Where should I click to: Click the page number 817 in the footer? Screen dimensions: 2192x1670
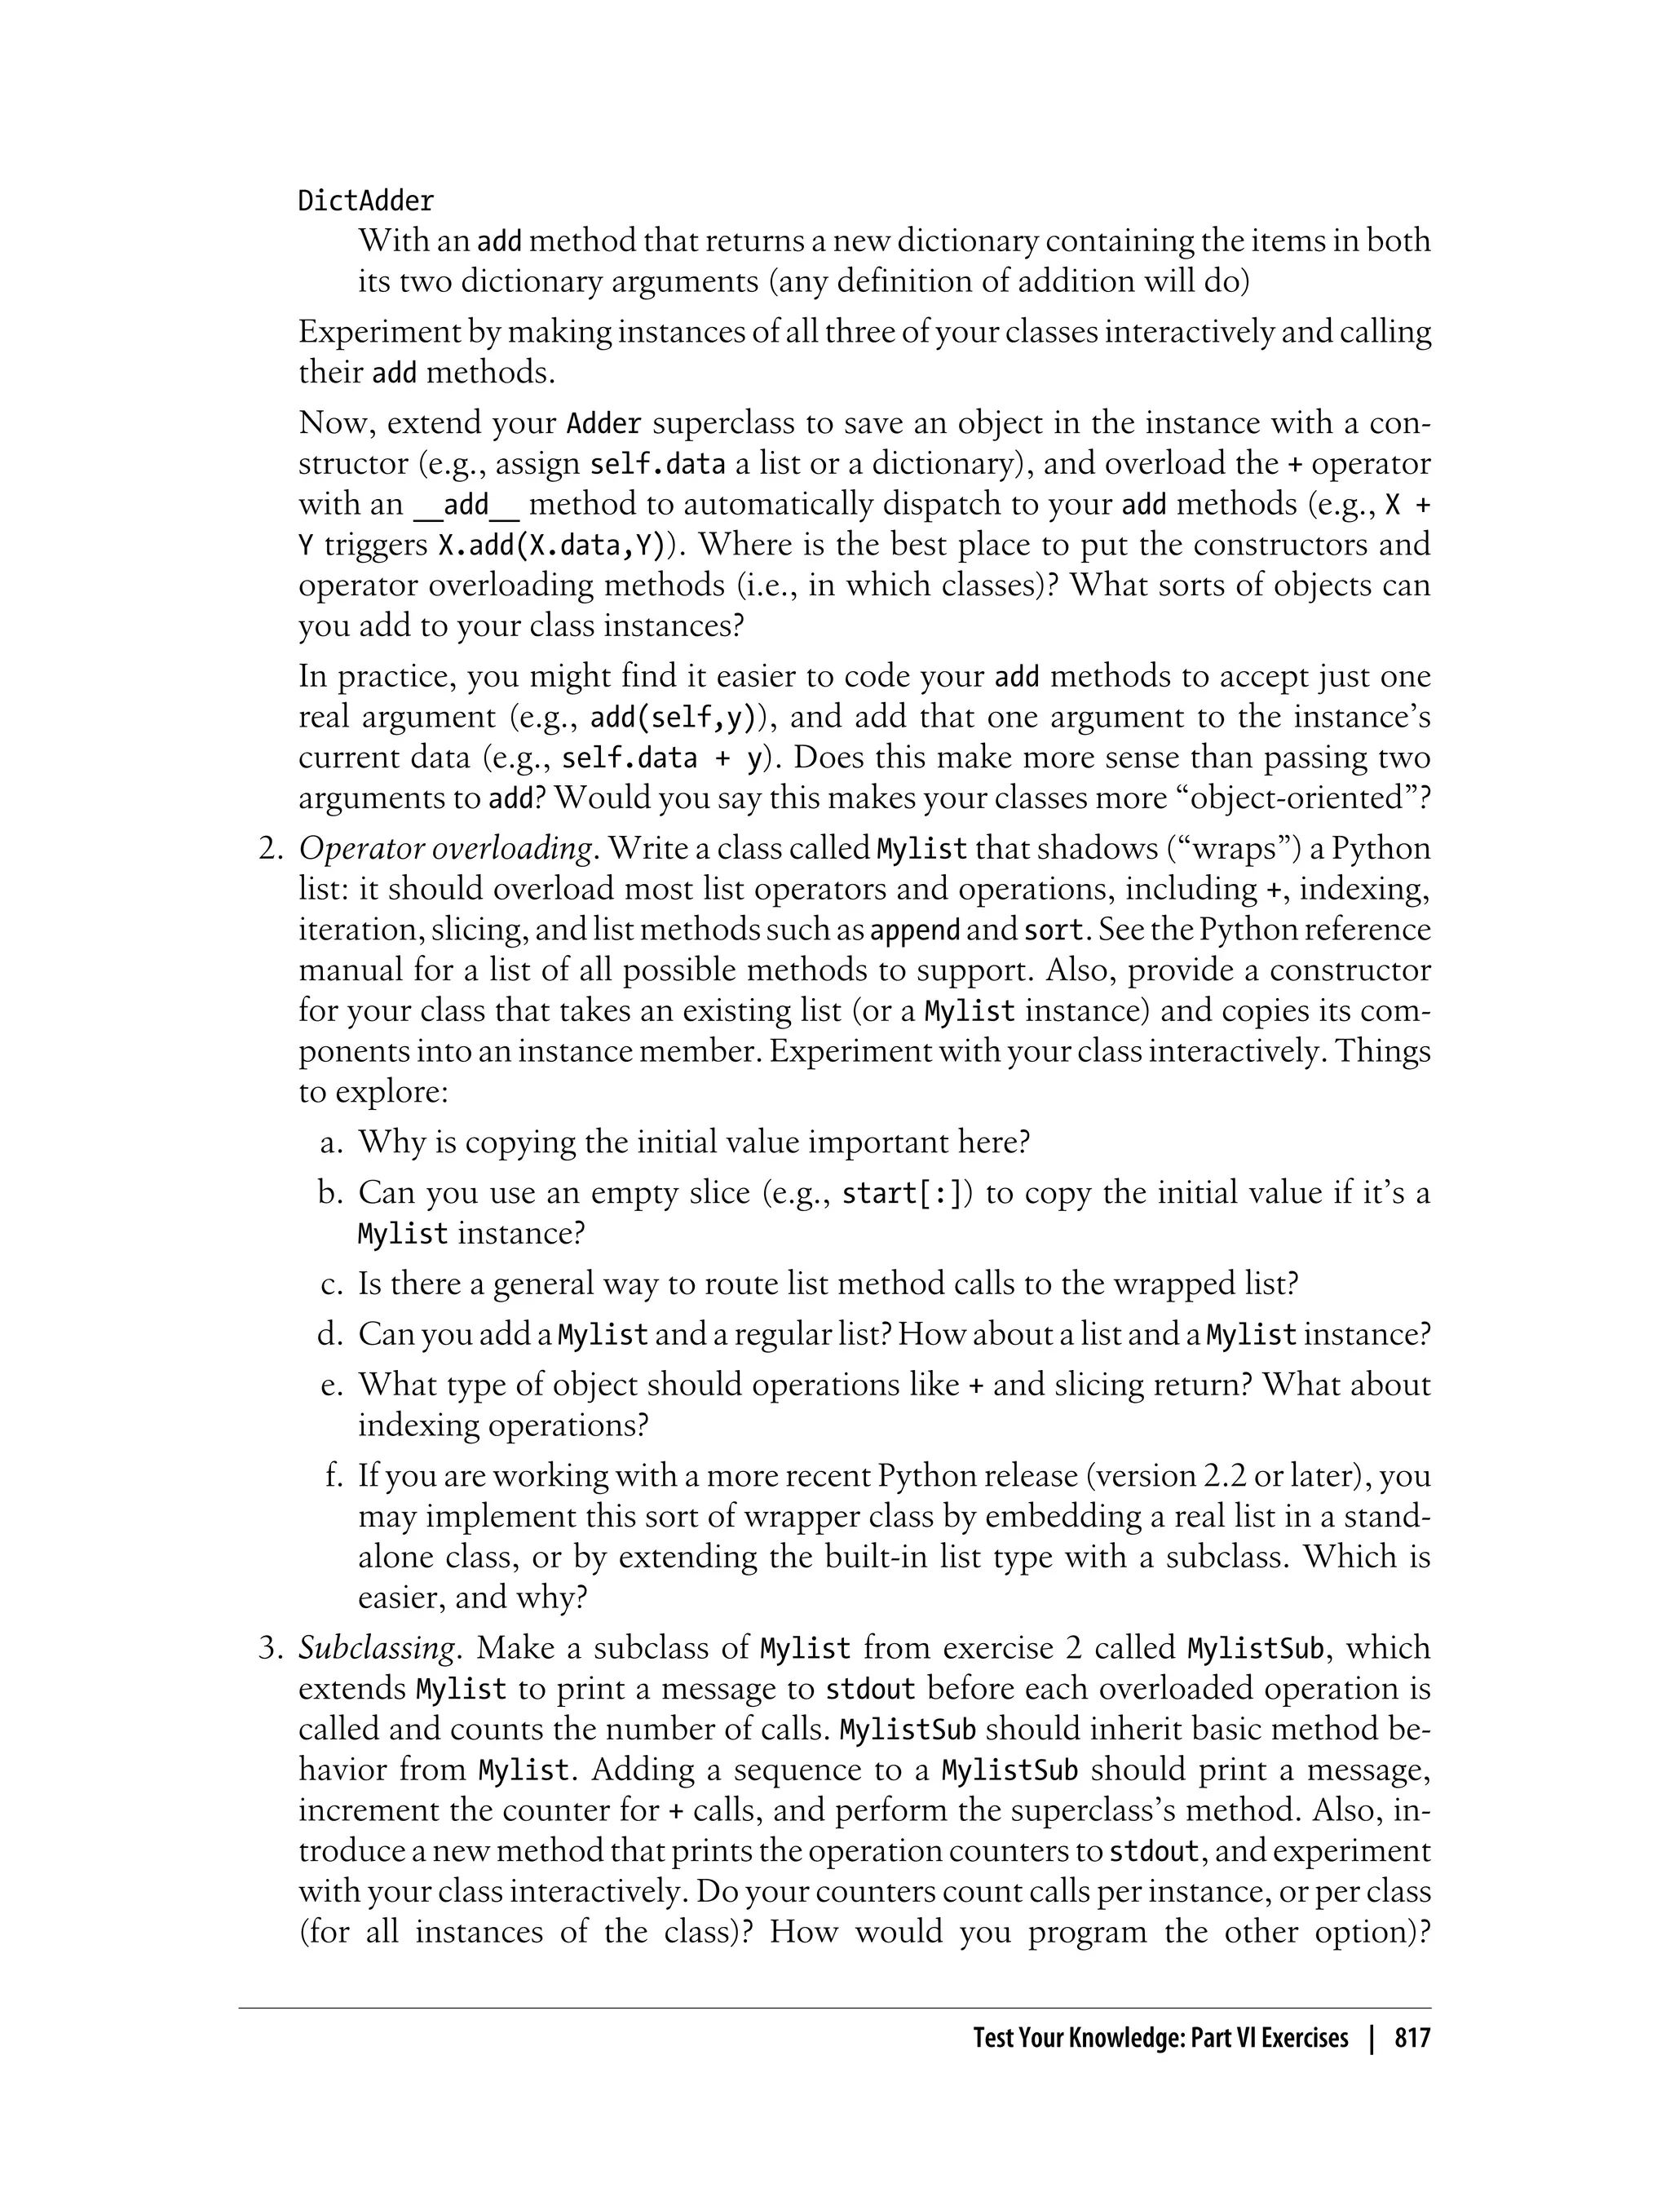click(1412, 2039)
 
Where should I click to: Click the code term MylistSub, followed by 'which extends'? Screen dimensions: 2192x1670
click(1256, 1648)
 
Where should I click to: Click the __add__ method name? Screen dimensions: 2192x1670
click(466, 505)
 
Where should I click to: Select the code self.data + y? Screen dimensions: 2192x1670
click(662, 758)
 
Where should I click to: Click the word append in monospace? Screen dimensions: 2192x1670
click(915, 930)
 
